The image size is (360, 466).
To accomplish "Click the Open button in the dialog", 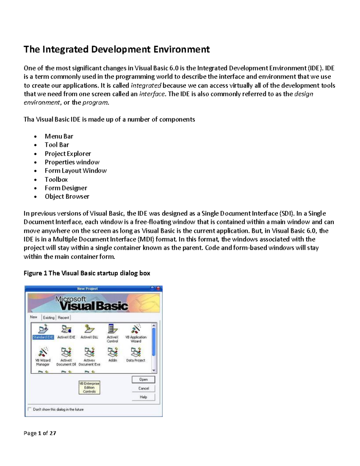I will click(143, 380).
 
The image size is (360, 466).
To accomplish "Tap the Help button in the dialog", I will click(143, 397).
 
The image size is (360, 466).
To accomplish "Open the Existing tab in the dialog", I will click(49, 317).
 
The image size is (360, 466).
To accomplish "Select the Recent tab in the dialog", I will click(63, 317).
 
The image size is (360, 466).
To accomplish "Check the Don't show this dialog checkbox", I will click(29, 409).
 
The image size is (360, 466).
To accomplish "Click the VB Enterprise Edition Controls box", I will click(89, 387).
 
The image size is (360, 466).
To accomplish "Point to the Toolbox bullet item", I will click(56, 179).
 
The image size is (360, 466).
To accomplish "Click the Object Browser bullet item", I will click(67, 197).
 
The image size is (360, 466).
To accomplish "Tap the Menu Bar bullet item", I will click(59, 136).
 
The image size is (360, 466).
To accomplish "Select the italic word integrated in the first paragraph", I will click(146, 86).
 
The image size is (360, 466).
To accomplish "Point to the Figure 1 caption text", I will click(87, 273).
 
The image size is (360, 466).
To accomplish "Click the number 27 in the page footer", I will click(53, 433).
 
